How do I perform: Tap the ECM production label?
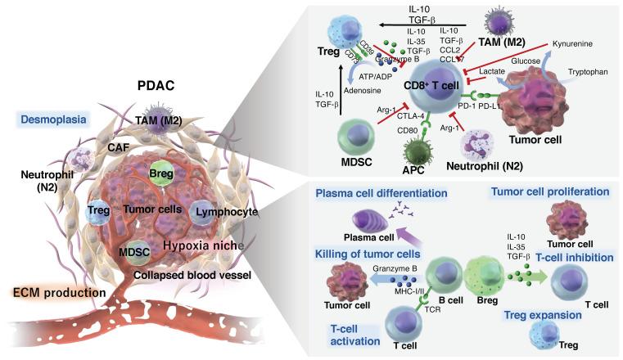coord(52,291)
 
